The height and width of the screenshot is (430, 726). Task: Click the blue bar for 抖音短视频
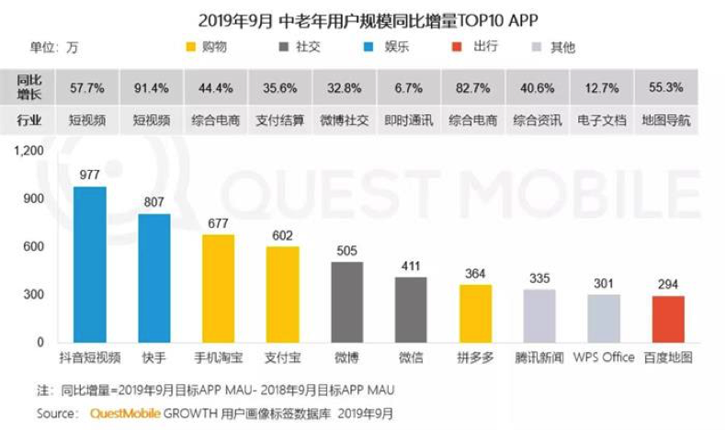[x=90, y=265]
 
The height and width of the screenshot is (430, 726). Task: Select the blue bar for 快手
[x=154, y=278]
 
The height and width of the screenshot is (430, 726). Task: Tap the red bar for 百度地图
[x=668, y=320]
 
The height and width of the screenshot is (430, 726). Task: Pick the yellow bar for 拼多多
[x=475, y=314]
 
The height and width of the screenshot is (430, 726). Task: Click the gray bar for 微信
[x=411, y=311]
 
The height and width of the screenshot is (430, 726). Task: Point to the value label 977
[x=89, y=175]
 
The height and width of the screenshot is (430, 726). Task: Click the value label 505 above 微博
[x=346, y=251]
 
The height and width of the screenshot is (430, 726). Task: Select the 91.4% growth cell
[x=152, y=87]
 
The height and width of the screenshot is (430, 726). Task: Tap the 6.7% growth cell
[x=409, y=87]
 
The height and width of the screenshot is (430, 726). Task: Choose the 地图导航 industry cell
[x=666, y=120]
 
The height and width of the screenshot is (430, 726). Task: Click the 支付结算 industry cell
[x=280, y=120]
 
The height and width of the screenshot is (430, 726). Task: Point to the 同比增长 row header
[x=28, y=87]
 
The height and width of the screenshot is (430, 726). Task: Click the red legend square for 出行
[x=457, y=47]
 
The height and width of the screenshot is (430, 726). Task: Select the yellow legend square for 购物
[x=191, y=47]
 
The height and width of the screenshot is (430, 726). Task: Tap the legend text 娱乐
[x=396, y=47]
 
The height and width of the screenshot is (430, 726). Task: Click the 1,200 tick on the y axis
[x=29, y=151]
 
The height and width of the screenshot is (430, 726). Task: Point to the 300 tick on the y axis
[x=34, y=294]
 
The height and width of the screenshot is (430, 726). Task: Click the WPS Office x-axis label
[x=604, y=357]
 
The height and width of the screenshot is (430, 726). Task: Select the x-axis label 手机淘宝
[x=219, y=357]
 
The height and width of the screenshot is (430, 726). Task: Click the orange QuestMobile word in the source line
[x=126, y=413]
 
